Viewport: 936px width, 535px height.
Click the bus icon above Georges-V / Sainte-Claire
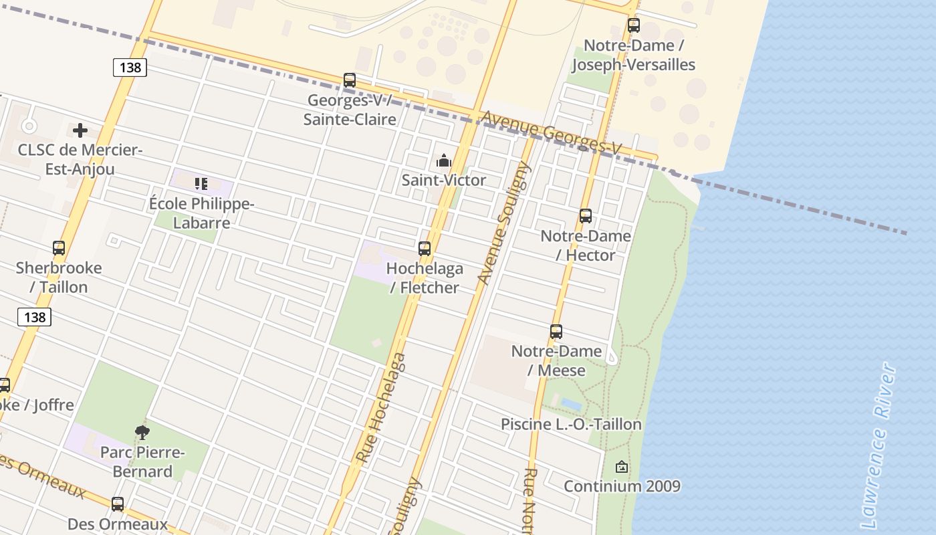point(350,80)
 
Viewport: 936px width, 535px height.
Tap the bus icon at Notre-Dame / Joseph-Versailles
point(633,25)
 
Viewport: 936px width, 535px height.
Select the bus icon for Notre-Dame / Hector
point(586,216)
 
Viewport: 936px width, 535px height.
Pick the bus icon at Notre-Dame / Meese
point(556,331)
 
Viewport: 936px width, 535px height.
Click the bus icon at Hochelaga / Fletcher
point(424,249)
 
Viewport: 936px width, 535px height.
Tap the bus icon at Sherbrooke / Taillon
point(59,248)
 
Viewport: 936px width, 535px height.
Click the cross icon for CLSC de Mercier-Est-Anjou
point(80,130)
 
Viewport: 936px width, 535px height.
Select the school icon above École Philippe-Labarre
point(201,183)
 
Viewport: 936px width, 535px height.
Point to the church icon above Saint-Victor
point(443,161)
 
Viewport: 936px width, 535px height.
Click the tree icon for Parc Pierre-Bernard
point(142,433)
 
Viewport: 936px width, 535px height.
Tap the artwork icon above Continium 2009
point(621,467)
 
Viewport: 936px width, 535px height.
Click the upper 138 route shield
point(130,68)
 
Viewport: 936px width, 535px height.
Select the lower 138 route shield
point(34,317)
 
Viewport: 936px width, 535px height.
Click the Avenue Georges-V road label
point(551,132)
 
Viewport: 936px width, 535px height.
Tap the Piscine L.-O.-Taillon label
point(571,424)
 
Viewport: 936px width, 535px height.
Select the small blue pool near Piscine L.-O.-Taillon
point(571,404)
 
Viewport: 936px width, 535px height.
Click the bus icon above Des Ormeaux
point(118,504)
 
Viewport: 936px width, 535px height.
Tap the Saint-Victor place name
point(443,180)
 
